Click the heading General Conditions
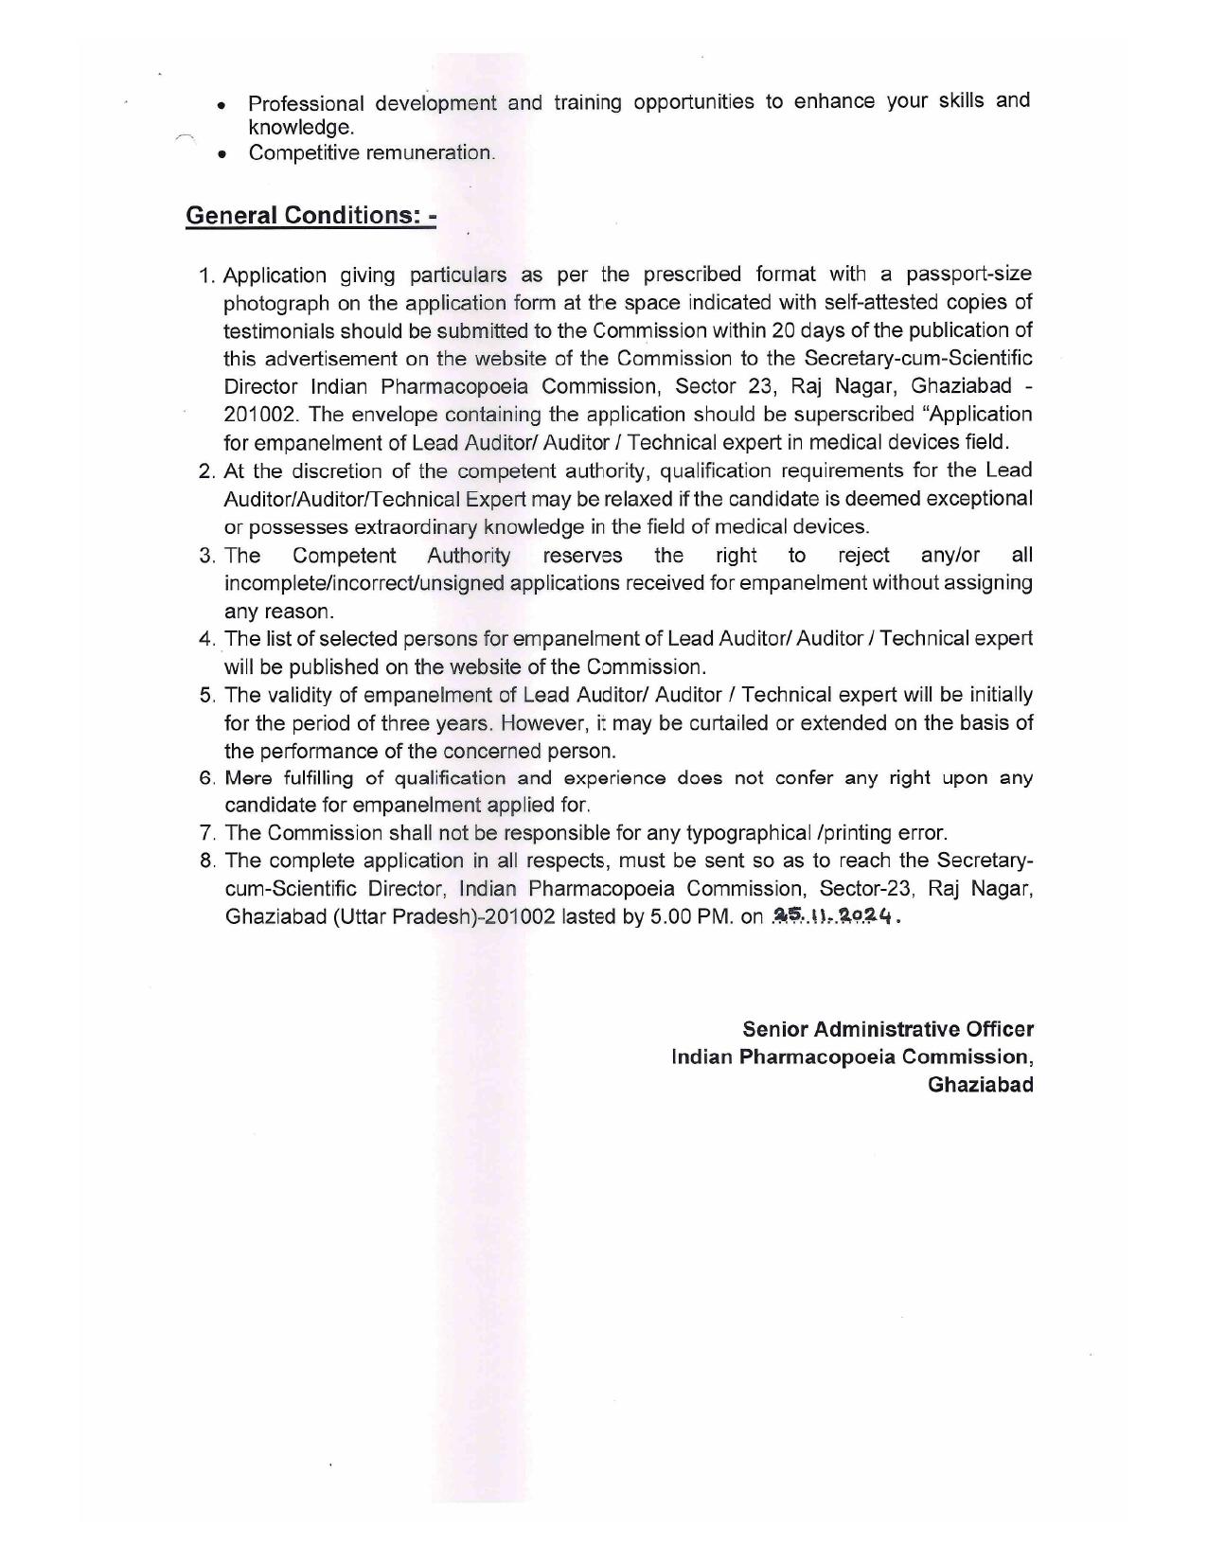[x=311, y=216]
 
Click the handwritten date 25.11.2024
[x=832, y=916]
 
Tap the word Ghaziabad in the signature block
[x=980, y=1085]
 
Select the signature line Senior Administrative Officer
[x=887, y=1029]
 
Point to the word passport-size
[x=968, y=275]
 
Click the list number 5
[x=207, y=696]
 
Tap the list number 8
[x=207, y=861]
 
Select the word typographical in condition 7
[x=747, y=833]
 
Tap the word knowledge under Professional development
[x=300, y=128]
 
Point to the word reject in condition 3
[x=863, y=555]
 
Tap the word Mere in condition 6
[x=248, y=778]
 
